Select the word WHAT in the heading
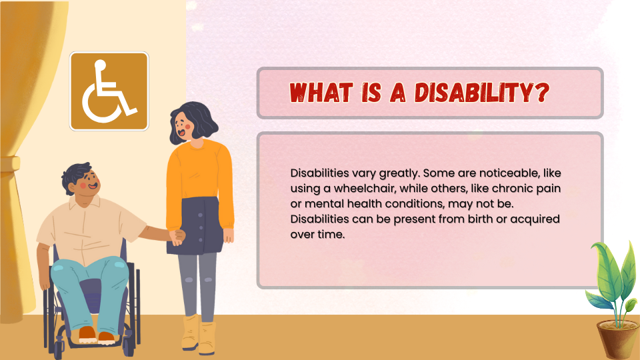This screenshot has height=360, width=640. point(321,92)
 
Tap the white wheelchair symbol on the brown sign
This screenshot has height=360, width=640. point(109,91)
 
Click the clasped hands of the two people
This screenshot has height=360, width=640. point(177,237)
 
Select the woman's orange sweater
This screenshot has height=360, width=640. point(199,179)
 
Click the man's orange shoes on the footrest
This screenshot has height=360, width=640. point(96,335)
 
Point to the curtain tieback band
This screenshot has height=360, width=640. point(10,164)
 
